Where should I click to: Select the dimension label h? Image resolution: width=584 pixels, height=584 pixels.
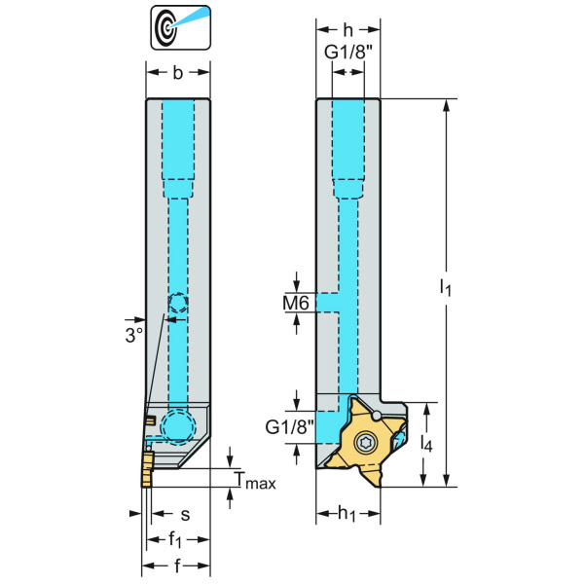347,30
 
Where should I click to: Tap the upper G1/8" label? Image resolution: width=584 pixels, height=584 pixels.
347,51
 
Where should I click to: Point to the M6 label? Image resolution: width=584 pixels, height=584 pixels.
296,304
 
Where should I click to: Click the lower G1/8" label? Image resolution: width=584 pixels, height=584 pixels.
289,426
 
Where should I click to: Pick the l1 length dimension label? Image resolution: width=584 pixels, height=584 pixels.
444,286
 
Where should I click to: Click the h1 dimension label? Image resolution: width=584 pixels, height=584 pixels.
347,514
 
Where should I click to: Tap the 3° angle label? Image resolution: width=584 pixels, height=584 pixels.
133,333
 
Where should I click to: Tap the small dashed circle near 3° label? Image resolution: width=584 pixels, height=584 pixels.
177,304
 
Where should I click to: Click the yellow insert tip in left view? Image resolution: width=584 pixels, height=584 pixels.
146,471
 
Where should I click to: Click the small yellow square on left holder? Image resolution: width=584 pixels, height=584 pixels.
150,420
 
